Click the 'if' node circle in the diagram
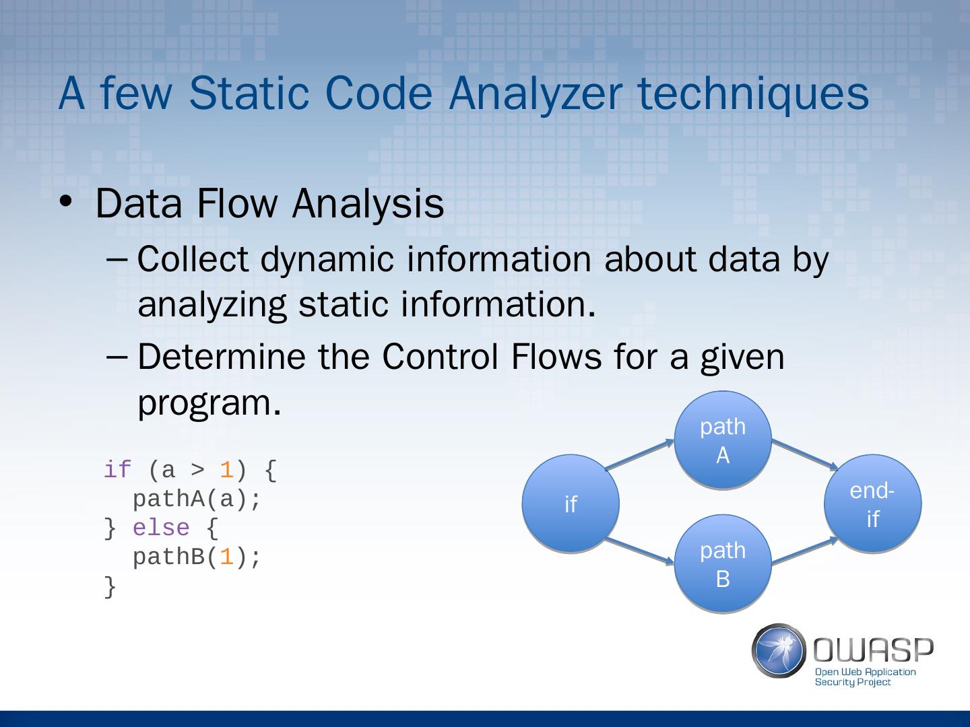[571, 504]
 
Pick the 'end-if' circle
[872, 504]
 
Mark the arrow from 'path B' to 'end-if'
[805, 550]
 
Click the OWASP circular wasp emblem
[779, 650]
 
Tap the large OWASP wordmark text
[874, 650]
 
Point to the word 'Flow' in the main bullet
[237, 203]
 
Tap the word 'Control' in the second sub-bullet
[441, 356]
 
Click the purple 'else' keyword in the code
[161, 528]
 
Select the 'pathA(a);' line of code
[196, 499]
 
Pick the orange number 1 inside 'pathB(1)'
[226, 557]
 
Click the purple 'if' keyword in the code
[117, 470]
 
